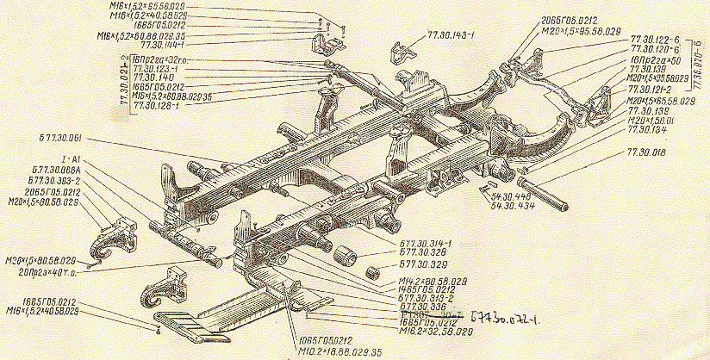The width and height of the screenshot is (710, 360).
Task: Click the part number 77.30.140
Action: point(150,77)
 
